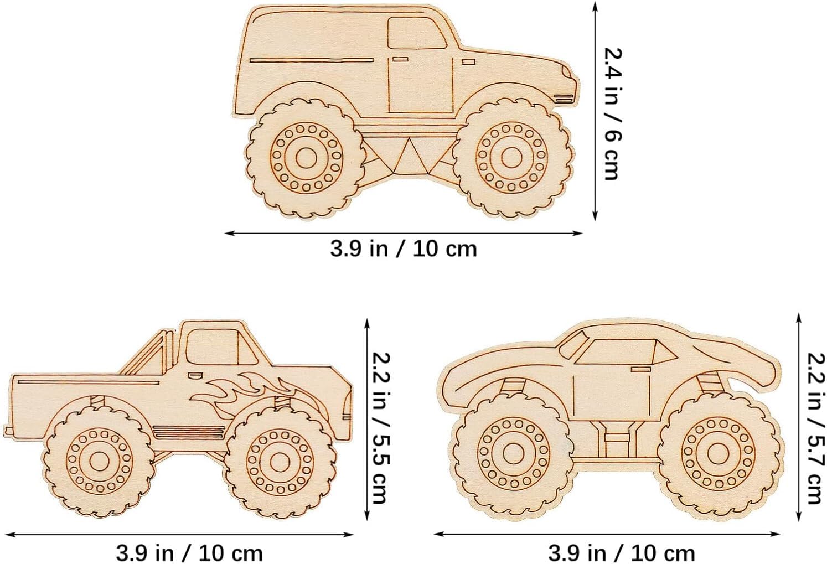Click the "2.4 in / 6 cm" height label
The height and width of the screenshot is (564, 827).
[x=612, y=113]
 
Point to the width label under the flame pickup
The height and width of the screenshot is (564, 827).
[x=189, y=552]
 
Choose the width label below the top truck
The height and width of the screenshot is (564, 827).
[x=404, y=249]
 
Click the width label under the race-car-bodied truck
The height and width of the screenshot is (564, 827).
[x=621, y=552]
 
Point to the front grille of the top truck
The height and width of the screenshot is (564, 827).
[x=564, y=97]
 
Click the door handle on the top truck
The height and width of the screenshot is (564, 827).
[x=400, y=59]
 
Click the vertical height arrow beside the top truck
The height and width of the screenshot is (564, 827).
[x=595, y=111]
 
